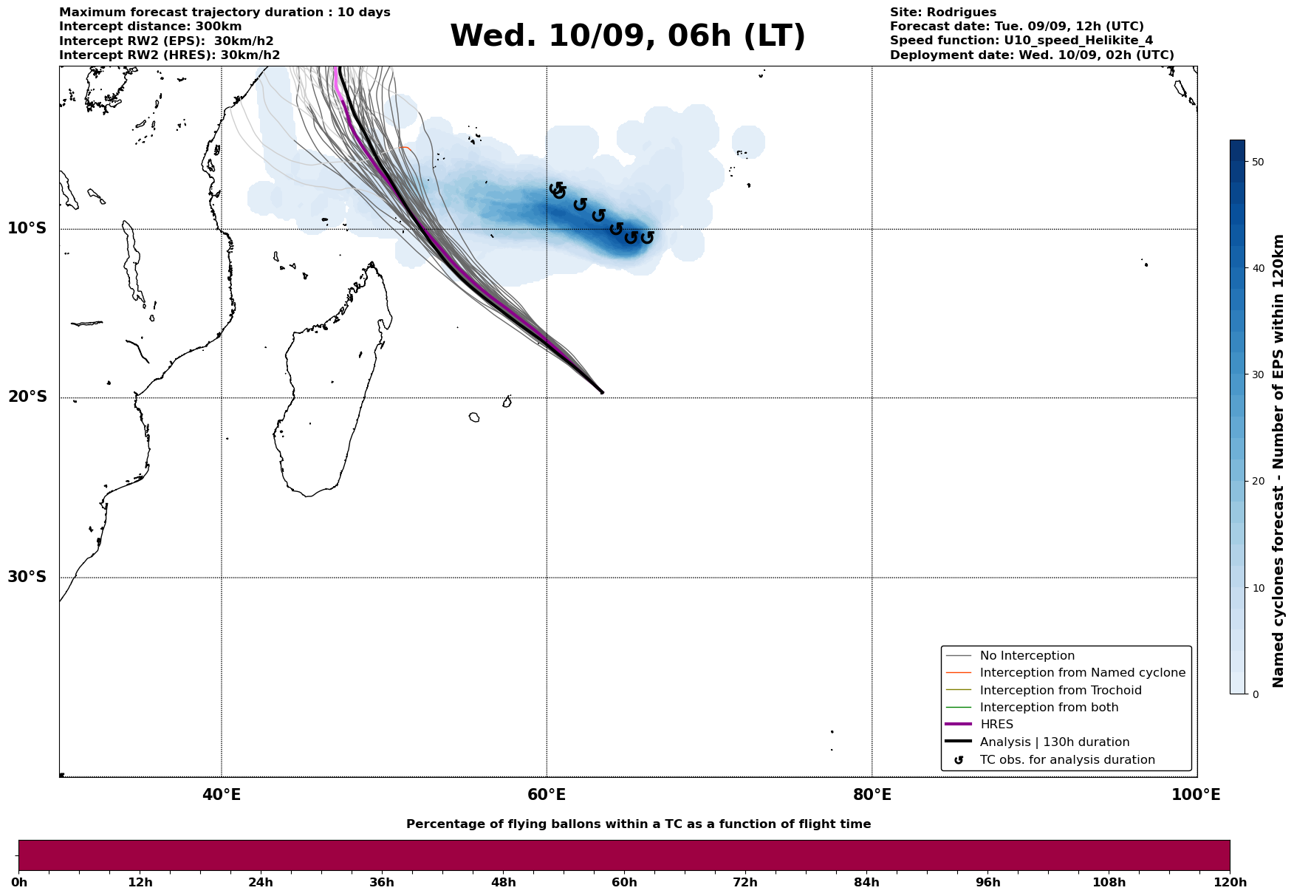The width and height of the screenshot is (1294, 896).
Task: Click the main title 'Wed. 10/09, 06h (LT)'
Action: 627,36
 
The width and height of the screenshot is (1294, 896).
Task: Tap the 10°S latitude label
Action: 27,228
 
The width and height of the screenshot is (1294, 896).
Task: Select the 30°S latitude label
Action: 27,577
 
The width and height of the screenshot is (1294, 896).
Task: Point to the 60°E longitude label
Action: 547,795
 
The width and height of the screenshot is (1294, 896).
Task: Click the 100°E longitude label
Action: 1196,795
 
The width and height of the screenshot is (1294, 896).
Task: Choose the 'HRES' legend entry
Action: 996,725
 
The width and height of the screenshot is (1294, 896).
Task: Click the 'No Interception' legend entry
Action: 1027,656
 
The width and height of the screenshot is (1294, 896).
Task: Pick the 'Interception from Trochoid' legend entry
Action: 1060,691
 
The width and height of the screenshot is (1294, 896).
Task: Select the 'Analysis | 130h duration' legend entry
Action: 1054,742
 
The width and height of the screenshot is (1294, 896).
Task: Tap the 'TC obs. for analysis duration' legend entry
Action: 1067,760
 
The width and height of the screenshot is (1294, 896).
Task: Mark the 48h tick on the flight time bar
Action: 504,883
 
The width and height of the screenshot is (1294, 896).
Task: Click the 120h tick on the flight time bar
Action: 1229,883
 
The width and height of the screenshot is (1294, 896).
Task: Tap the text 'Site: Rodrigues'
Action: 942,13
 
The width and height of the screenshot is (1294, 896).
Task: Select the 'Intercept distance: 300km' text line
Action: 150,27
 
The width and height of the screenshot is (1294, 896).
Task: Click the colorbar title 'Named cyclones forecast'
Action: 1278,461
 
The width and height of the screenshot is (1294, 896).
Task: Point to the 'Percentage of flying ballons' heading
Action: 638,824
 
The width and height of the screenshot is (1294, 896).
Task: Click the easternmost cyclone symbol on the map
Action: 647,238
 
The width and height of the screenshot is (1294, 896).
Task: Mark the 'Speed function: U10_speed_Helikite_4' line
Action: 1021,41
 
